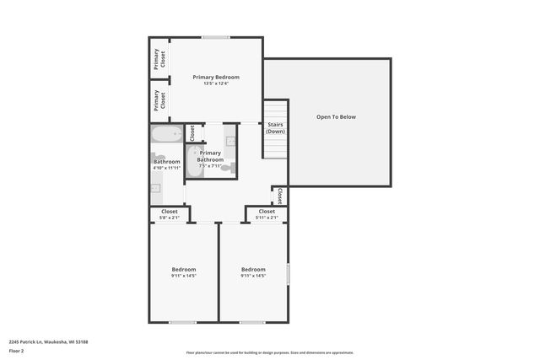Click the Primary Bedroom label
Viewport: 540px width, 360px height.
(x=216, y=77)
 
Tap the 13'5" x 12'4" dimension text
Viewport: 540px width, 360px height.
(x=216, y=83)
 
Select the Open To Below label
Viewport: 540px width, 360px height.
(x=336, y=116)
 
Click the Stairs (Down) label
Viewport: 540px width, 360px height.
(x=275, y=128)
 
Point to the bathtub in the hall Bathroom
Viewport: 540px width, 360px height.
(x=166, y=134)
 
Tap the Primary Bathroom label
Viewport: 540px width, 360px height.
(x=210, y=156)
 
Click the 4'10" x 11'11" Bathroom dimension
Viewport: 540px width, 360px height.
(x=166, y=168)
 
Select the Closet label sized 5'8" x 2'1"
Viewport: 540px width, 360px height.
(x=169, y=211)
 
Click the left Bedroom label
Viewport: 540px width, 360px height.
(x=183, y=269)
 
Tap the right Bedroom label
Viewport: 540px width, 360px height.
(x=253, y=269)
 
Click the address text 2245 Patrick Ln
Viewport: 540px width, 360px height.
(x=48, y=341)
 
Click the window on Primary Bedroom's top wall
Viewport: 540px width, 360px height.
(x=216, y=37)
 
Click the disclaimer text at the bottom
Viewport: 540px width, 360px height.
(x=269, y=352)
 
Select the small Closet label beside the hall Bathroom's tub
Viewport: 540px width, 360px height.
(x=192, y=132)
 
